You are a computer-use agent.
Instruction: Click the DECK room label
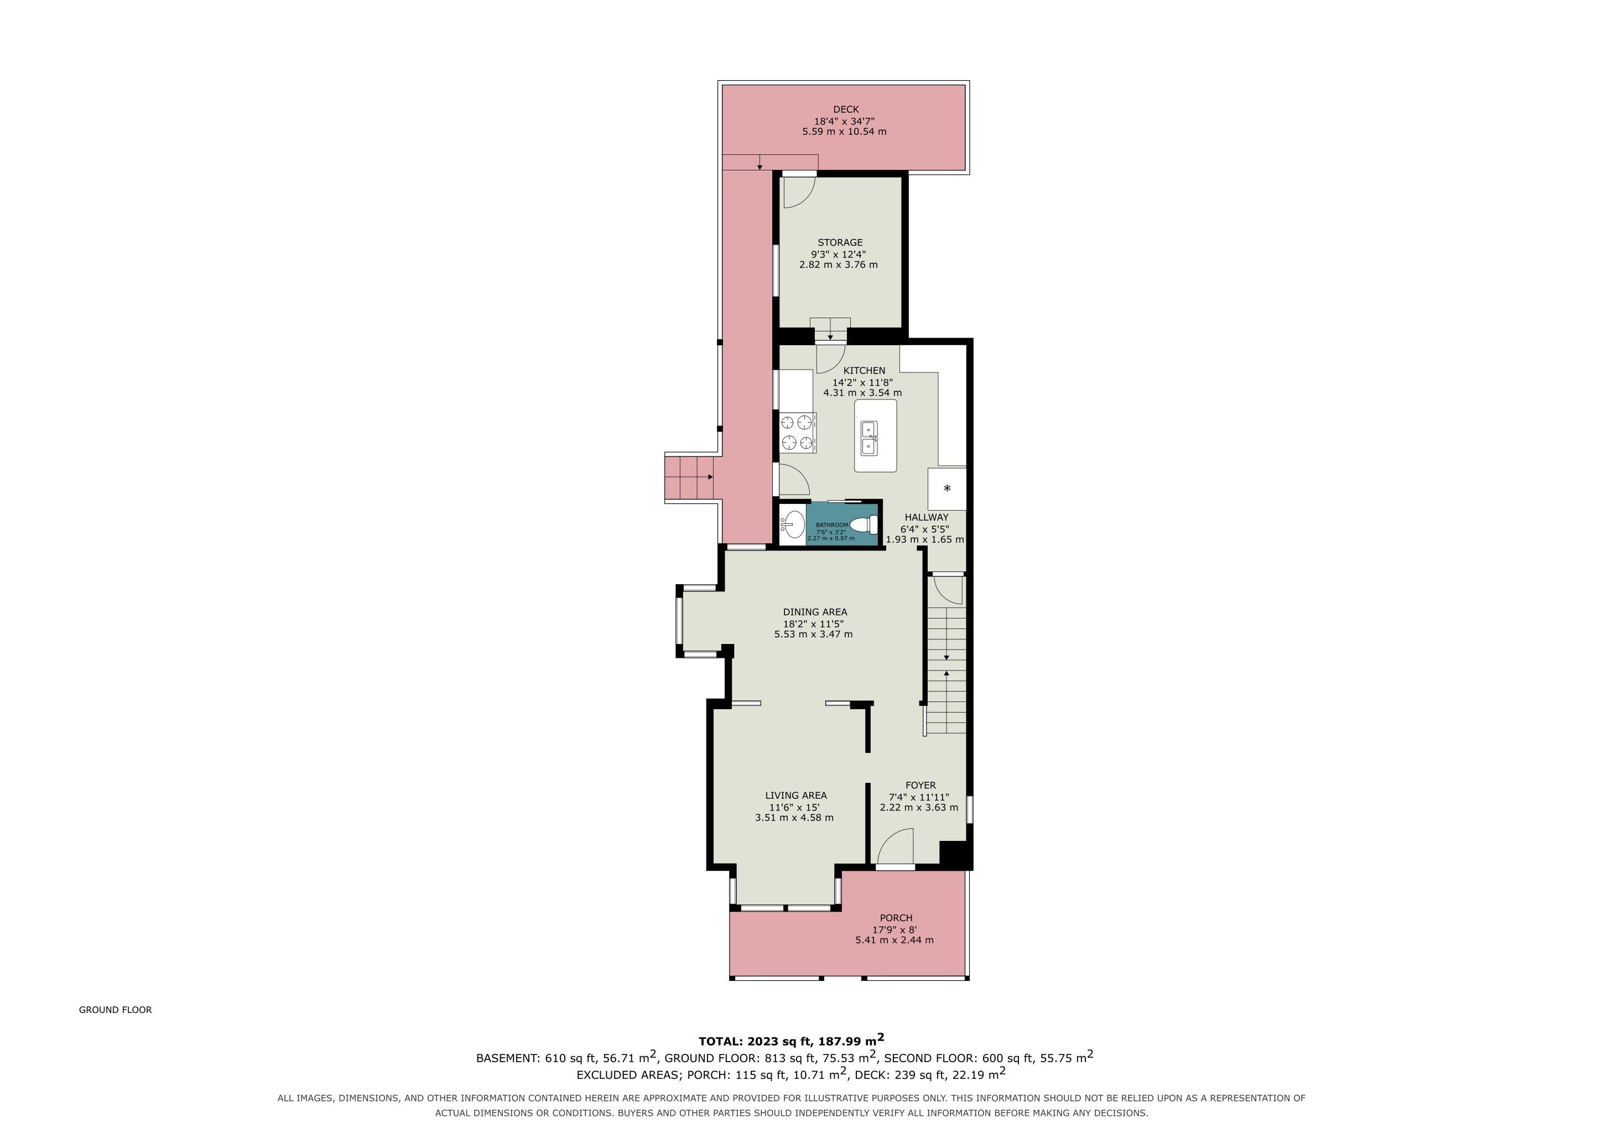(x=846, y=110)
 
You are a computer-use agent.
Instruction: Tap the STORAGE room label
(x=840, y=243)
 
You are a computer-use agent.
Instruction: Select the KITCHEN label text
(x=864, y=371)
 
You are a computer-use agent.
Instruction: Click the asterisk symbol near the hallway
(x=947, y=488)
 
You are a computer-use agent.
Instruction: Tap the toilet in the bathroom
(x=863, y=523)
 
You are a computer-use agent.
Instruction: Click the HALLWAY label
(x=927, y=517)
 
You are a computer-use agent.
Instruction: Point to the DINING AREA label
(x=815, y=612)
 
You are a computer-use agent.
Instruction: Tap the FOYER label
(x=920, y=785)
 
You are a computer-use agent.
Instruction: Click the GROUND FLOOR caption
(x=115, y=1010)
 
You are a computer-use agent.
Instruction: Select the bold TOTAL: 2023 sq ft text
(x=756, y=1042)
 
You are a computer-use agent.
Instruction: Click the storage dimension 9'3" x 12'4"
(x=838, y=254)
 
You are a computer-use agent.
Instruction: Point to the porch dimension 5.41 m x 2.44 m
(x=894, y=940)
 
